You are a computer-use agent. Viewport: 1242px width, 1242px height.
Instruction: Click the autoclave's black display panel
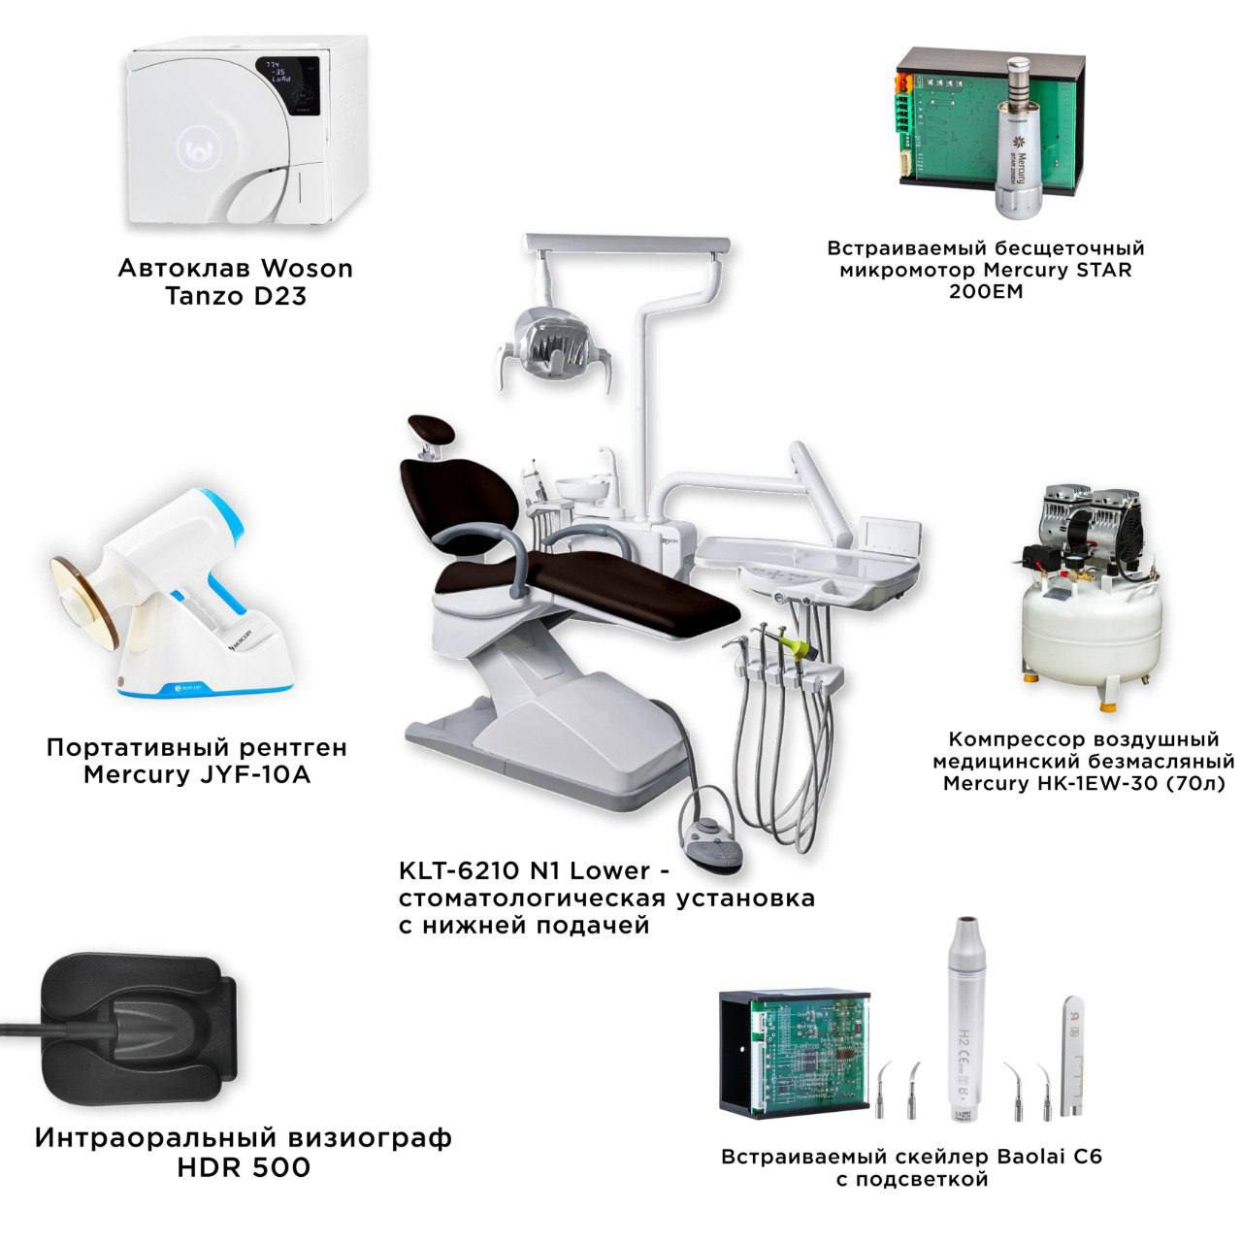pos(288,85)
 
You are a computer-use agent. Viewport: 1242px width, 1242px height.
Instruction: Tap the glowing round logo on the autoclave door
pos(199,150)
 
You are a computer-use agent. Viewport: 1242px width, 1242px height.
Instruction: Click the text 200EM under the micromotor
pos(986,291)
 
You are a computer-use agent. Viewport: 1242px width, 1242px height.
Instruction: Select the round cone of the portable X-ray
pos(85,602)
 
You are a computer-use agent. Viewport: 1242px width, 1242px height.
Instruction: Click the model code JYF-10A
pos(255,774)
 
